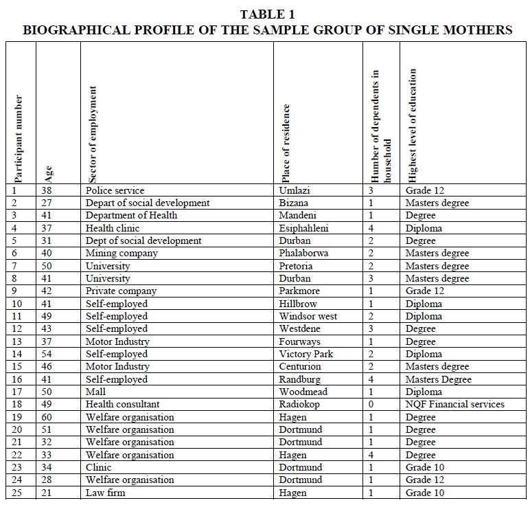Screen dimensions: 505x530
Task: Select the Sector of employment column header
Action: [94, 133]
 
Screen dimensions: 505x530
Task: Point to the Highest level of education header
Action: [413, 124]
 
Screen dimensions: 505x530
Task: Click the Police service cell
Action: [115, 190]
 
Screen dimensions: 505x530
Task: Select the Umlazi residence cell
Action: [296, 190]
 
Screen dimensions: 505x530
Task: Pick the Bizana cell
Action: [294, 203]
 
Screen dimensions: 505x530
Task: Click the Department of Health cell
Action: [131, 215]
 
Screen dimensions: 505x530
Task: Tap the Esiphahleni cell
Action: [303, 228]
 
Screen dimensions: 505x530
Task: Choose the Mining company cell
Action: [122, 253]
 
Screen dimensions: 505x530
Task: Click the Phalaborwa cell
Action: [303, 253]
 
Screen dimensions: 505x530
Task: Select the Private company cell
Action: [121, 291]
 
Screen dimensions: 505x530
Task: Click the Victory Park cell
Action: [306, 354]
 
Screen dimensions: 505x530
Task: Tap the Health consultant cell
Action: [122, 404]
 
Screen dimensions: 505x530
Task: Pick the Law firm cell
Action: [105, 493]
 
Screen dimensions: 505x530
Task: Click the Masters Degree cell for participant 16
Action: [438, 379]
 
